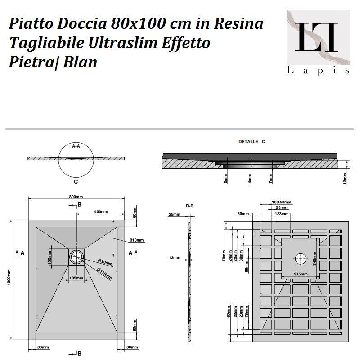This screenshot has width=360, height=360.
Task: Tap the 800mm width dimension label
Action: pyautogui.click(x=76, y=197)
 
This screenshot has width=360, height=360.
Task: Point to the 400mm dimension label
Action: pyautogui.click(x=101, y=211)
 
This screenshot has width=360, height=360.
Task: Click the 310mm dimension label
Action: pyautogui.click(x=137, y=239)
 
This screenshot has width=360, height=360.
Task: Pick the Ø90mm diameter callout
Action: pyautogui.click(x=106, y=262)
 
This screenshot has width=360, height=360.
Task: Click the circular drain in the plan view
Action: pyautogui.click(x=76, y=257)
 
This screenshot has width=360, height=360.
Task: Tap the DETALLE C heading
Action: pyautogui.click(x=252, y=141)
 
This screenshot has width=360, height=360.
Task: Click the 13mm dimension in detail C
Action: pyautogui.click(x=345, y=179)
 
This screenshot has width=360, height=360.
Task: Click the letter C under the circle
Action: pyautogui.click(x=76, y=182)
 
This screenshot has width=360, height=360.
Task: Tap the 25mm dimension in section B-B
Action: pyautogui.click(x=174, y=215)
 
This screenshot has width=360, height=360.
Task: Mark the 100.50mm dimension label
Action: pyautogui.click(x=282, y=202)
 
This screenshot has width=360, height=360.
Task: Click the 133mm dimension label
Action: pyautogui.click(x=282, y=214)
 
